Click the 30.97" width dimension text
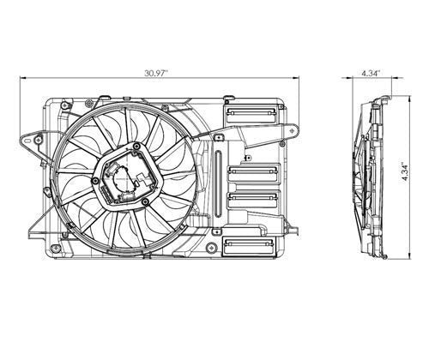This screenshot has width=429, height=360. tap(156, 73)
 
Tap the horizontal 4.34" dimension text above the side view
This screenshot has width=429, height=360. tap(372, 73)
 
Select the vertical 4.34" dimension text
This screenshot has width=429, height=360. tap(405, 172)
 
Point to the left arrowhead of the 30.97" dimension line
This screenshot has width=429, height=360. tap(22, 77)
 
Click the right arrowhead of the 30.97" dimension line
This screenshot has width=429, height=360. tap(296, 77)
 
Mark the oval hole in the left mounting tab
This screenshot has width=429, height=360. tap(27, 141)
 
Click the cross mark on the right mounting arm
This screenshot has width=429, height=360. tap(293, 130)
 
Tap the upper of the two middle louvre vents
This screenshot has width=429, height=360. tap(253, 172)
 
